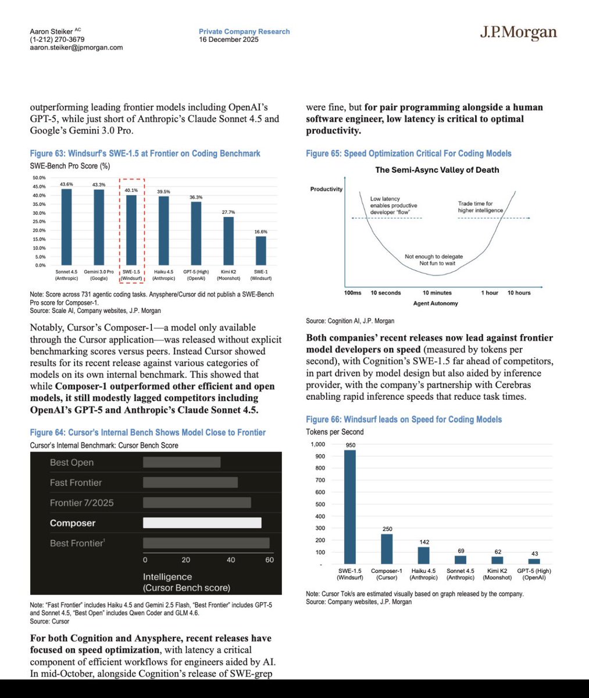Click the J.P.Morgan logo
[x=518, y=33]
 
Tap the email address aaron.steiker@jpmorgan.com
[x=76, y=48]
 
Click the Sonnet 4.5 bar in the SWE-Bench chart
[x=67, y=227]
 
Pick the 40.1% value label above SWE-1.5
[x=131, y=190]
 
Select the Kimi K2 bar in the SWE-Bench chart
[x=229, y=241]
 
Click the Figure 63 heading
[x=145, y=154]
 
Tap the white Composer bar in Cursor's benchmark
[x=202, y=523]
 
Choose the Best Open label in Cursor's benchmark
[x=72, y=462]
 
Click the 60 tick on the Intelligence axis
[x=269, y=560]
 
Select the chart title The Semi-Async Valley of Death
[x=437, y=170]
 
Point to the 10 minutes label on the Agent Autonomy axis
[x=437, y=293]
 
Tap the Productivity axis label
[x=326, y=189]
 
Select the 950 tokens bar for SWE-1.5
[x=350, y=507]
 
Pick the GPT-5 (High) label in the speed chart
[x=533, y=574]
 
